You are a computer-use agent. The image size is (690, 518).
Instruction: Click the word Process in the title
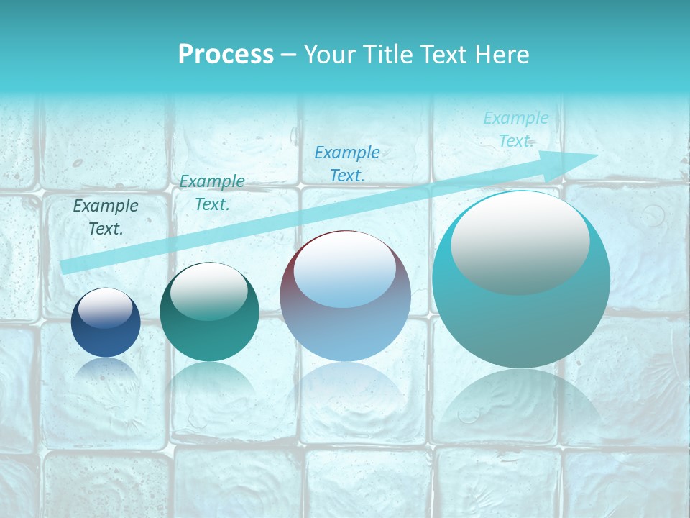(x=226, y=55)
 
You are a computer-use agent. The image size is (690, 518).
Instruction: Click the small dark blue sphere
(x=106, y=323)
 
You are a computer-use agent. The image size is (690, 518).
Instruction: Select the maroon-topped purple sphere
(x=345, y=296)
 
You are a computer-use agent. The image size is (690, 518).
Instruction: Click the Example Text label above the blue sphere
(x=106, y=217)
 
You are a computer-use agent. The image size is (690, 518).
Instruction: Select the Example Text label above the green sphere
(x=212, y=193)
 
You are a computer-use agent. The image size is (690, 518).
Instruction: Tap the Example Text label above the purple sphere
(x=347, y=163)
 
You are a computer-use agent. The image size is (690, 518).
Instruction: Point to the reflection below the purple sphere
(x=345, y=392)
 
